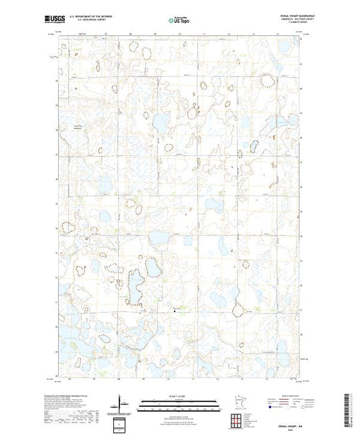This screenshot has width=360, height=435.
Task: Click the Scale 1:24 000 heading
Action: (180, 396)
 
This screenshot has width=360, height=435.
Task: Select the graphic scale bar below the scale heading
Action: (180, 402)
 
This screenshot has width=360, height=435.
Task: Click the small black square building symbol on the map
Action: (174, 310)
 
